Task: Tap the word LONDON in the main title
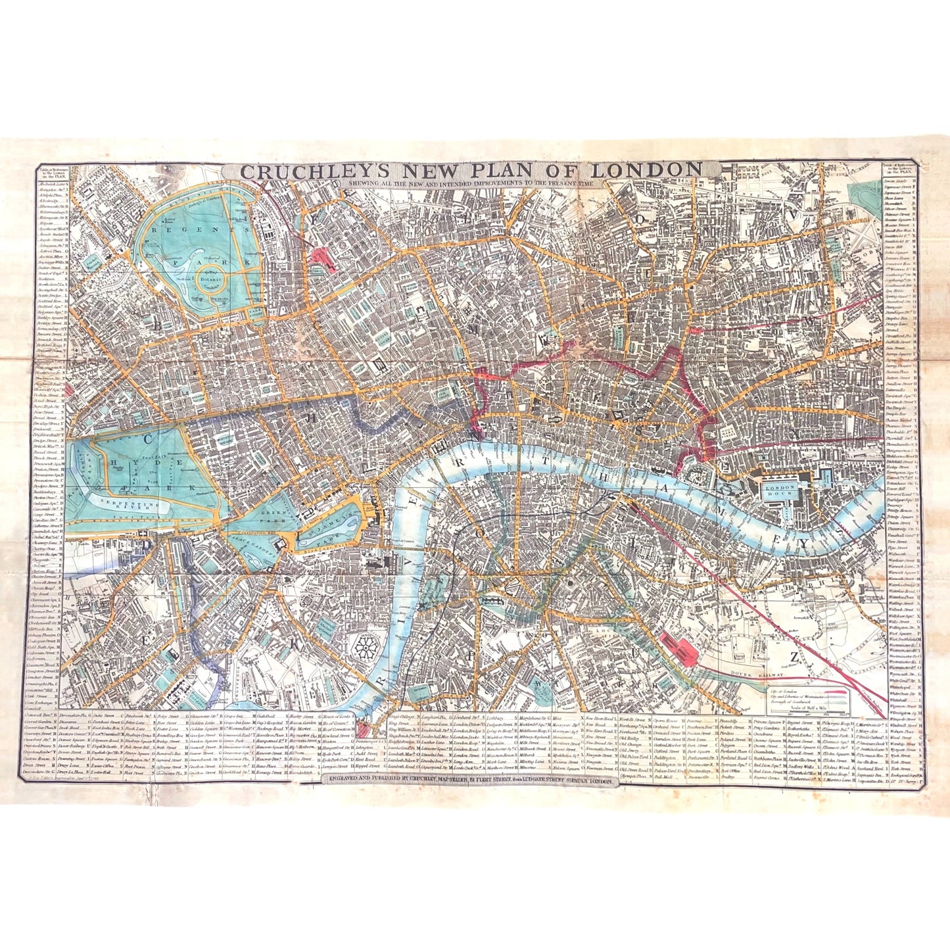tap(655, 170)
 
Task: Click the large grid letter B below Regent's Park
tap(158, 324)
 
